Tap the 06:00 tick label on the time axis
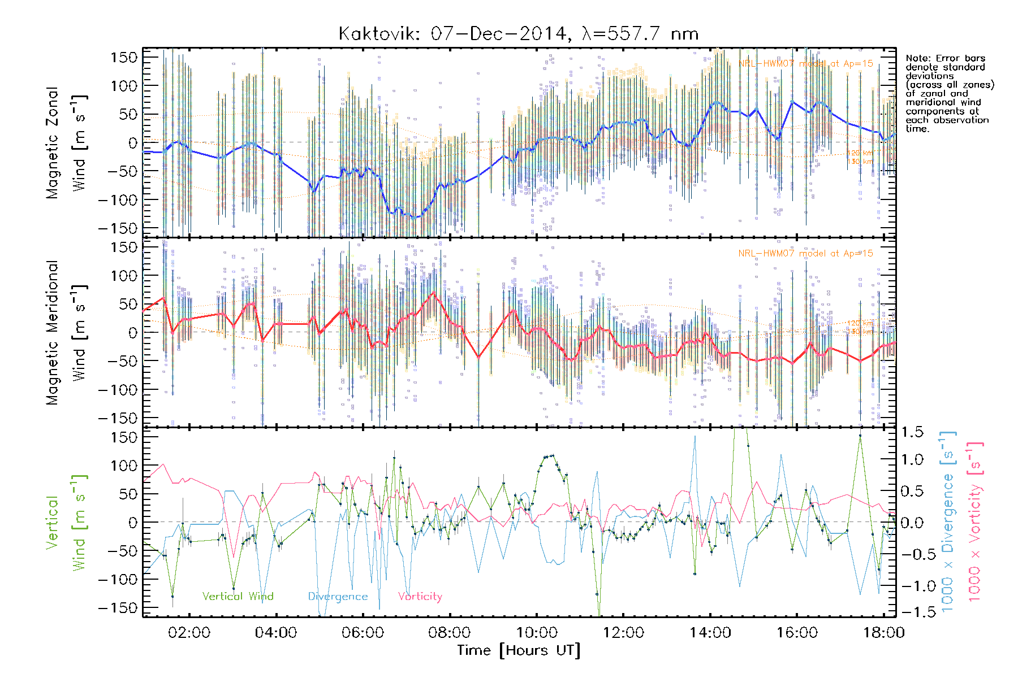click(363, 632)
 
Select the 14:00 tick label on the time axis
click(710, 632)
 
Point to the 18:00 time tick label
click(883, 632)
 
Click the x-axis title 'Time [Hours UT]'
click(519, 650)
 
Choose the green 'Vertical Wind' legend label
click(238, 596)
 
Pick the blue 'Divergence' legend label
click(338, 596)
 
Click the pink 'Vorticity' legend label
click(420, 596)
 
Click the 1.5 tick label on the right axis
click(912, 432)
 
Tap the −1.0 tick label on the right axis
click(912, 586)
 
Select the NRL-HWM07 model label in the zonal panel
click(805, 63)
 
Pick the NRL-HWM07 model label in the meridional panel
click(805, 253)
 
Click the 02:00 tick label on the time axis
click(189, 632)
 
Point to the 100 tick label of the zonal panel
click(124, 86)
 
